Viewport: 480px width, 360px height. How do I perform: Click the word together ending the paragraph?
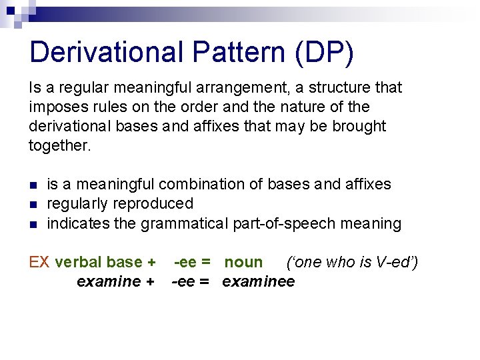[59, 145]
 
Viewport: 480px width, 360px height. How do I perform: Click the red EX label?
[39, 262]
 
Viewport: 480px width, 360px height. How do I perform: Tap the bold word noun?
[243, 262]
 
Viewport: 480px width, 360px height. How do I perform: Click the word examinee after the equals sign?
[258, 281]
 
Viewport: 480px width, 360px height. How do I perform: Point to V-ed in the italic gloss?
[392, 262]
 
